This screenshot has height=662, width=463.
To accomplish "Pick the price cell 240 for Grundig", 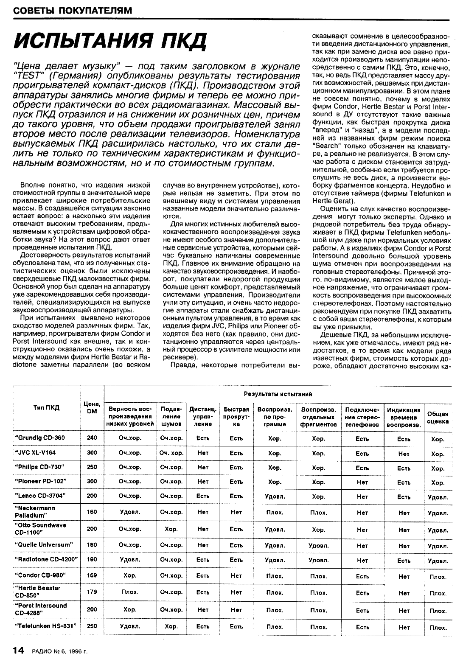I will point(92,438).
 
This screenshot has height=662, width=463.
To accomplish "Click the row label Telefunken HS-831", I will point(48,626).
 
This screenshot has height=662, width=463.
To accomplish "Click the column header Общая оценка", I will point(438,418).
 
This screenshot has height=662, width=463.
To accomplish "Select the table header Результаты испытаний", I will point(278,394).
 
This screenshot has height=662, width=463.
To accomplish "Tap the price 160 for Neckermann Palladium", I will point(92,511).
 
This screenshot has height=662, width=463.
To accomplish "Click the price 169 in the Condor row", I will point(92,575).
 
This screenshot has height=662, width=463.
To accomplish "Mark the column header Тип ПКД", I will point(46,408).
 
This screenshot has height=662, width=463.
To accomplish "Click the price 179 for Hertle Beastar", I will point(92,592).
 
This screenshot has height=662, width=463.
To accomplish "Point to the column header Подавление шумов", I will point(171,416).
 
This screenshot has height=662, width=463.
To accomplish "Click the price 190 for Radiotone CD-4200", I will point(92,559).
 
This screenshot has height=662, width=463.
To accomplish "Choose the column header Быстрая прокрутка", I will point(236,416).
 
